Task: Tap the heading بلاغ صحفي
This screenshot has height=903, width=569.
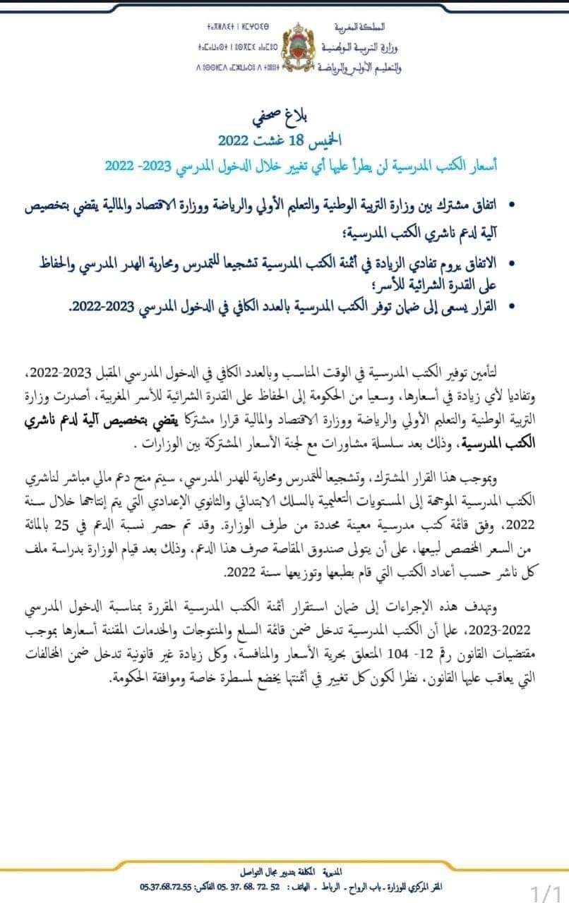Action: tap(283, 117)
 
